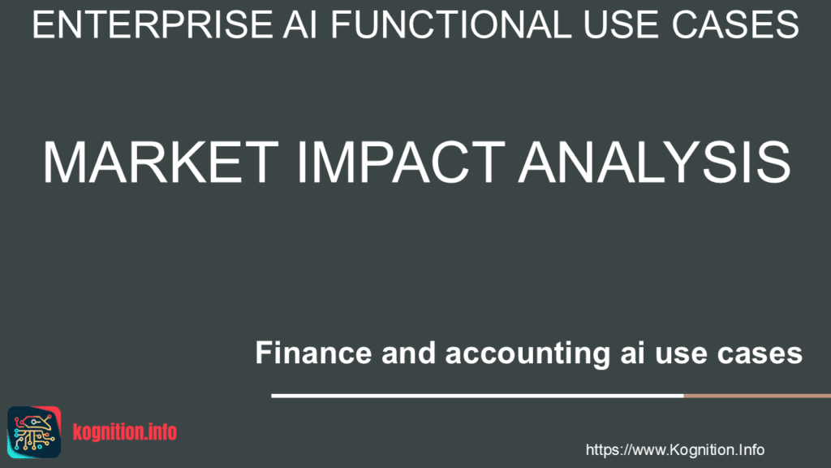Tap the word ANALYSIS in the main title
tap(655, 162)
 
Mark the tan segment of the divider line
tap(756, 396)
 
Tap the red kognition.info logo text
tap(124, 431)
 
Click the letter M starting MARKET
tap(67, 162)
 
